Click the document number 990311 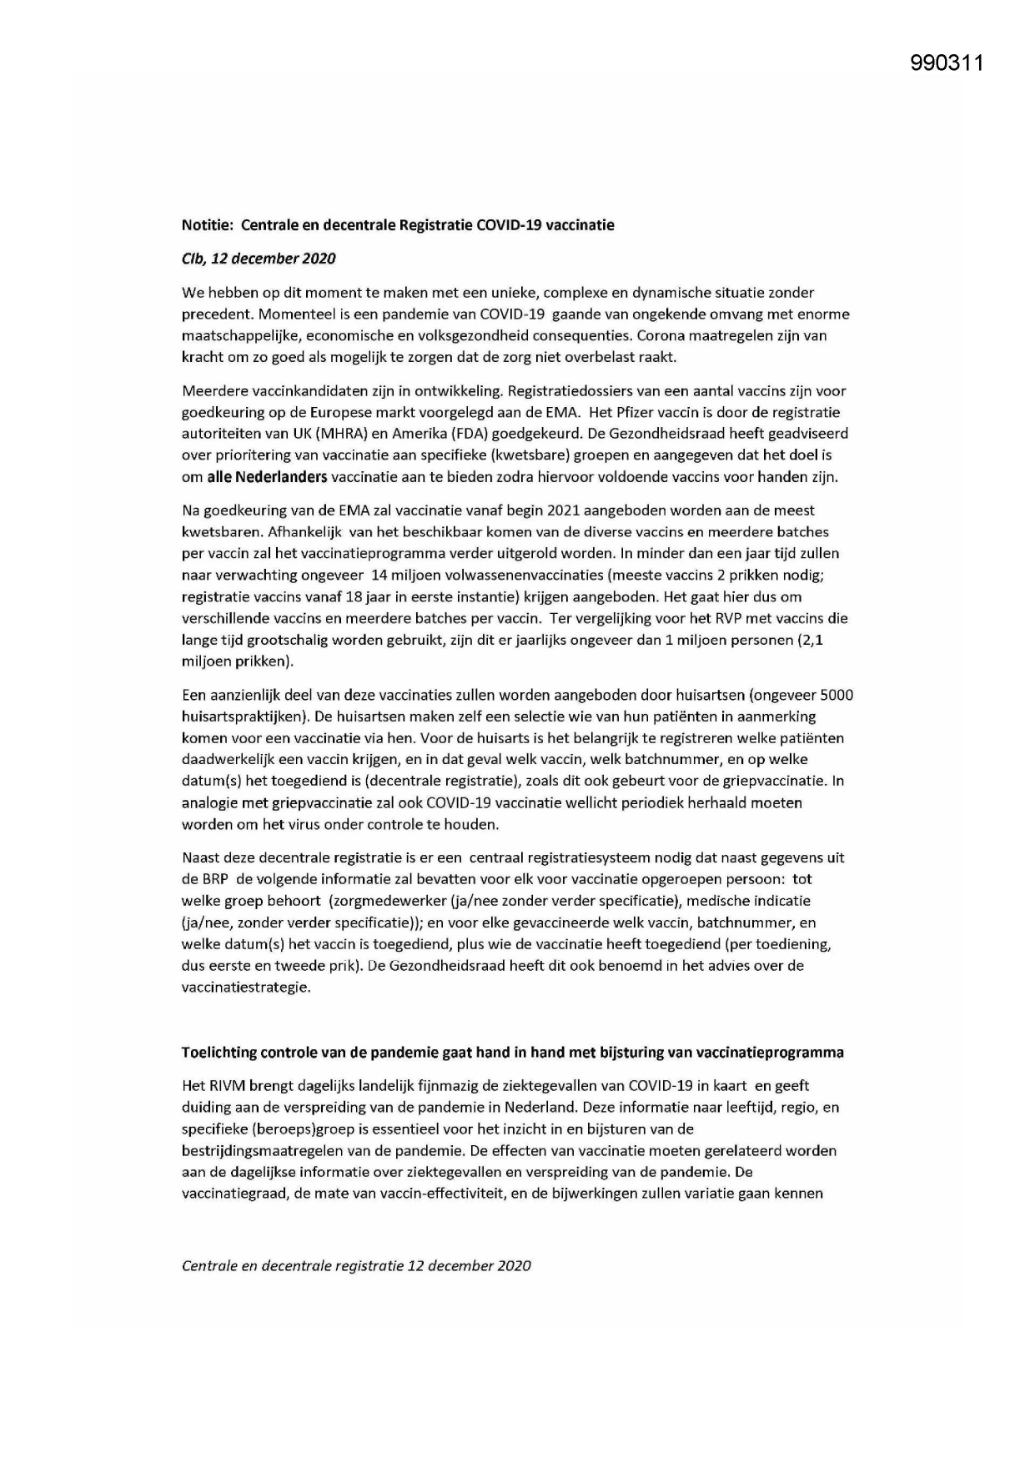coord(947,63)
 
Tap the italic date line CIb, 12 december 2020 coord(259,259)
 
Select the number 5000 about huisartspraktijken coord(837,695)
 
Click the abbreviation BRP coord(217,879)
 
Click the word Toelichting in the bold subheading coord(219,1053)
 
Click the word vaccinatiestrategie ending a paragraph coord(245,988)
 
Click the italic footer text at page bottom coord(356,1265)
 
